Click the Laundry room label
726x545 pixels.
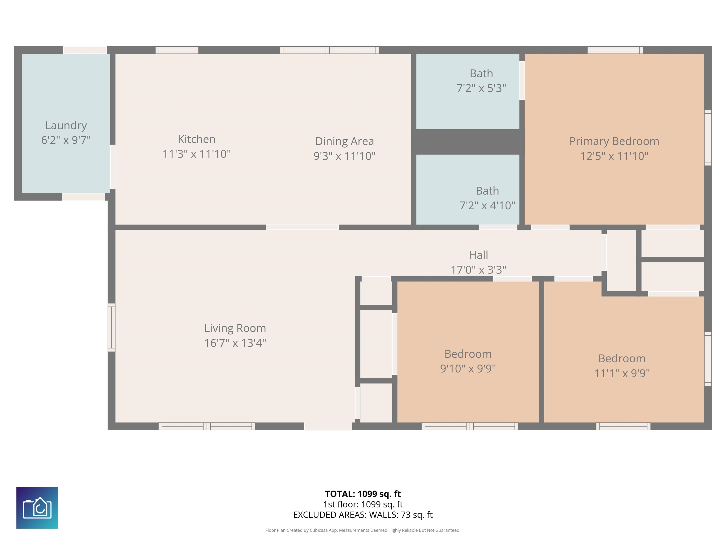(x=66, y=126)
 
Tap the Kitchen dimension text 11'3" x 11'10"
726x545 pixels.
(x=197, y=154)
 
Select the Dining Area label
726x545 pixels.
(x=344, y=141)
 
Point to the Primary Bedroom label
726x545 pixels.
(x=614, y=141)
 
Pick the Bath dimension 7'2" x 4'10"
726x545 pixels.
(x=487, y=206)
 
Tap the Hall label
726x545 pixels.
(x=478, y=255)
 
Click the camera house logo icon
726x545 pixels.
(x=37, y=508)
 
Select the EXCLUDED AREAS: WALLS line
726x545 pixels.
(x=363, y=515)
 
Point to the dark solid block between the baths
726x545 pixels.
(x=468, y=142)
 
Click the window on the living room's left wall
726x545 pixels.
(x=112, y=328)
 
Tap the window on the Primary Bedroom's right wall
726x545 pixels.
(x=708, y=138)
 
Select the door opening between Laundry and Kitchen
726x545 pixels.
(x=112, y=167)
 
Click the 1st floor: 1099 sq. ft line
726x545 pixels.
(x=363, y=504)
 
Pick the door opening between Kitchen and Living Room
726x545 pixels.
(x=302, y=227)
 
